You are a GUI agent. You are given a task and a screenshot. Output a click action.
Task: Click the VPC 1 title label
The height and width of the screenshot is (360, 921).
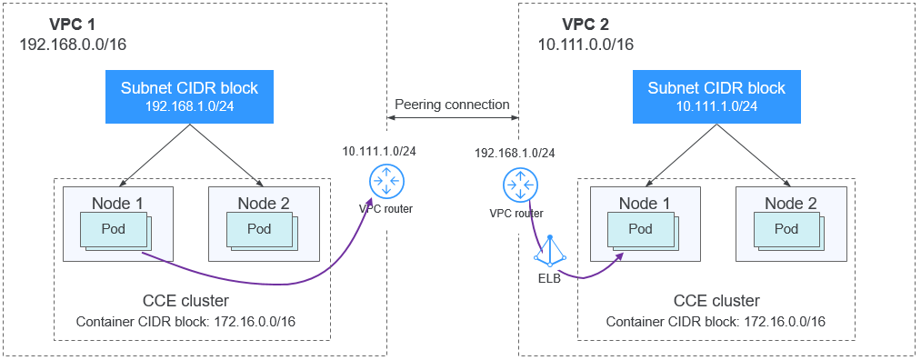[45, 24]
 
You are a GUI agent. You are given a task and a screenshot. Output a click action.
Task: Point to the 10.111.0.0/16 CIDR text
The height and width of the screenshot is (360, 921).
[586, 44]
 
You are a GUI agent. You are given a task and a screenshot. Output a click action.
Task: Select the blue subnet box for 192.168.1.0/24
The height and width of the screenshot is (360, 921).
[189, 96]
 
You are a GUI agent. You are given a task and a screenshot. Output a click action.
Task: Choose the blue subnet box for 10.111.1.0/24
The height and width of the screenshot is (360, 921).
[716, 96]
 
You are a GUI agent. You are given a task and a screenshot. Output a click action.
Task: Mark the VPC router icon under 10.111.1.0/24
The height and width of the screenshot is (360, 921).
[386, 183]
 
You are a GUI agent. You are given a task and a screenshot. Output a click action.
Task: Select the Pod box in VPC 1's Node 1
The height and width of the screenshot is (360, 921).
[113, 229]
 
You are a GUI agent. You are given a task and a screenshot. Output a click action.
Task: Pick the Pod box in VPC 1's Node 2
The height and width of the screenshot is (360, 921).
[260, 229]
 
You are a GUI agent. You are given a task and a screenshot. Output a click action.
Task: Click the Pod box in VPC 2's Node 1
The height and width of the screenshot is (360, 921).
[640, 229]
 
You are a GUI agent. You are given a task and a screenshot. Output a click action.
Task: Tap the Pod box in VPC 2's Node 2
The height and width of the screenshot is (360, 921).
[786, 229]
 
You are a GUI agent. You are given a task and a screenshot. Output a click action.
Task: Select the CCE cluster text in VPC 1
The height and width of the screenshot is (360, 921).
[185, 301]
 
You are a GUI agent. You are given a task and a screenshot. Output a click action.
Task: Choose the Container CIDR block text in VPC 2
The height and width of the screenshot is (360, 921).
[716, 322]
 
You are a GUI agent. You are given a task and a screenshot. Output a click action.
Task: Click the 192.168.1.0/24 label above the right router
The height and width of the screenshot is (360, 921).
[516, 154]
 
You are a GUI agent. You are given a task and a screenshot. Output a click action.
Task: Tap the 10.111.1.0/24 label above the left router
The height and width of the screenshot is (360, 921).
[380, 150]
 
